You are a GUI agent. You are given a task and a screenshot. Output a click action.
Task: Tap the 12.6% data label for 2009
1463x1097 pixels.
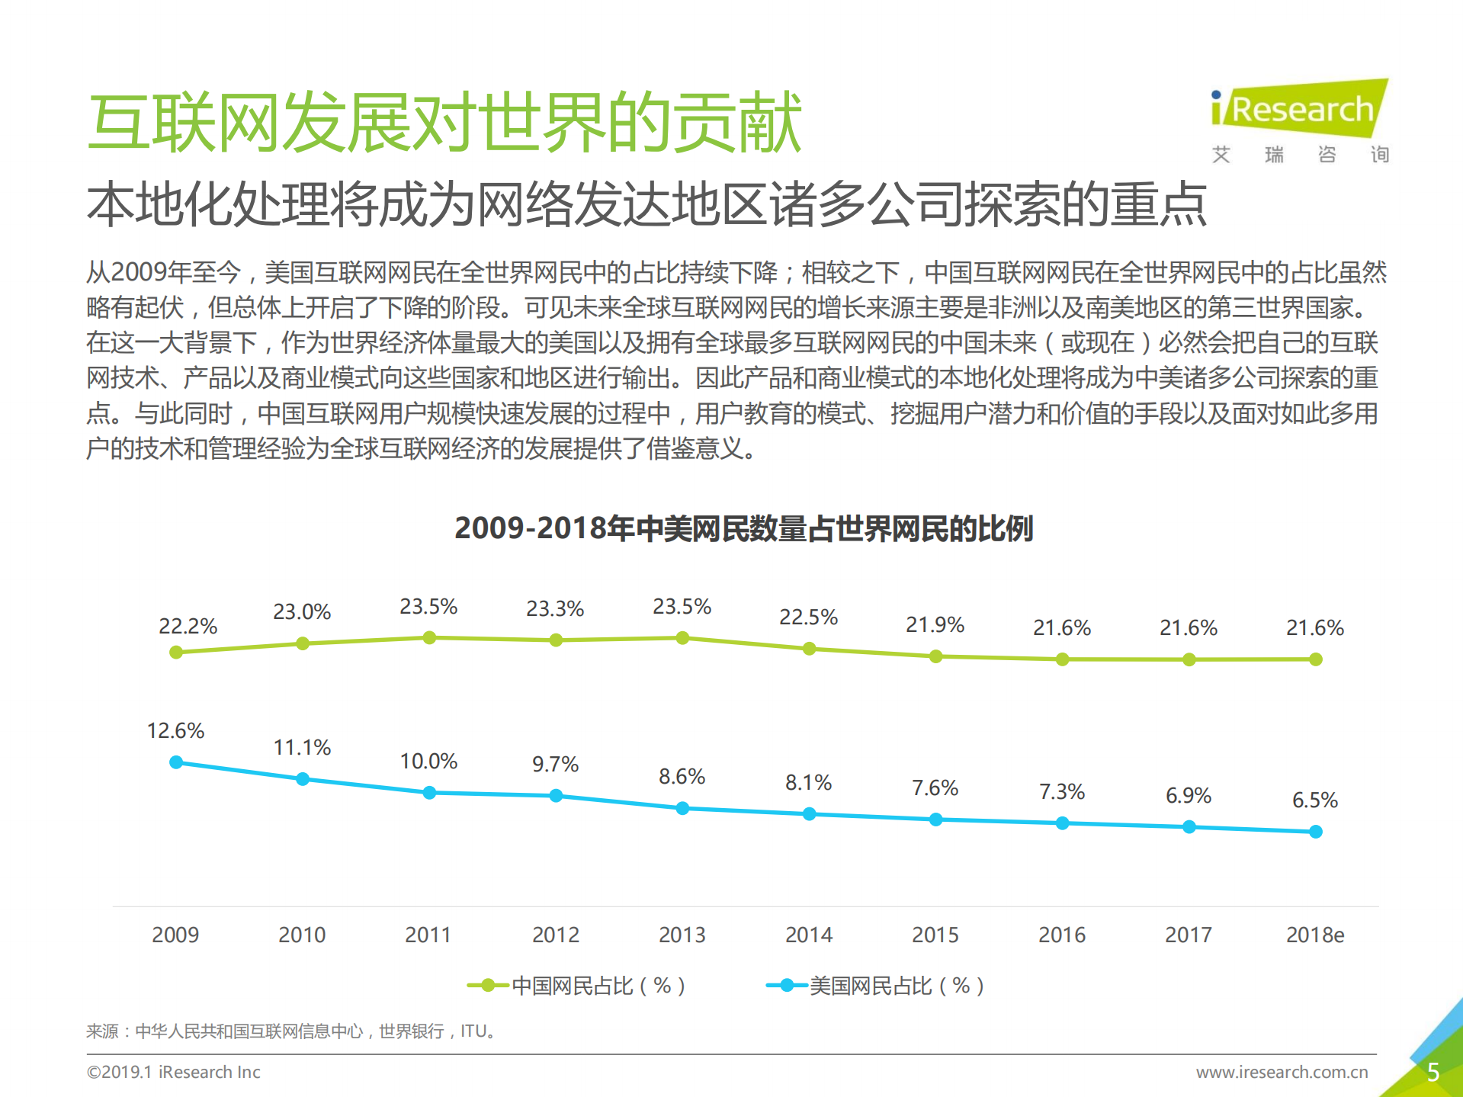coord(175,730)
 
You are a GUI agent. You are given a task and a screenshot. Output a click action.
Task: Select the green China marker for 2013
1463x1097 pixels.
coord(682,638)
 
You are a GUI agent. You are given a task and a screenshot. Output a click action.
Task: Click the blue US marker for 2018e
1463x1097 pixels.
coord(1315,832)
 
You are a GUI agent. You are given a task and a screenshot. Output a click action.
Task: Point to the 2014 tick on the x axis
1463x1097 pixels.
coord(809,935)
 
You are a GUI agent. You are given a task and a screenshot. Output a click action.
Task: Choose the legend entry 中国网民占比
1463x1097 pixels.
coord(577,986)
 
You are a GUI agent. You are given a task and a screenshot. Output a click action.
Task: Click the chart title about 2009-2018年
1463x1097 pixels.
coord(743,528)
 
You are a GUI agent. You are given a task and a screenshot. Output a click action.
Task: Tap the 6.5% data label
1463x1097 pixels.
coord(1314,800)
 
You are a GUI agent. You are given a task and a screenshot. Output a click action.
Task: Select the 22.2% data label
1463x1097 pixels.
coord(188,626)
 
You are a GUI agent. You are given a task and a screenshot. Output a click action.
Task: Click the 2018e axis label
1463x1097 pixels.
coord(1314,935)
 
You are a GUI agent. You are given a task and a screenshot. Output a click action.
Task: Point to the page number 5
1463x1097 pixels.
coord(1433,1073)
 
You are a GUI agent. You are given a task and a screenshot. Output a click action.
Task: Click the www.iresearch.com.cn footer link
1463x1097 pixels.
coord(1282,1072)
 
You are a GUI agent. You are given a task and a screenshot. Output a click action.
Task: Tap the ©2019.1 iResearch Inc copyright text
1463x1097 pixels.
coord(174,1072)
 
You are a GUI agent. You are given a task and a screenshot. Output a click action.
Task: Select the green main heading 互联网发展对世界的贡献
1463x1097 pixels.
coord(445,122)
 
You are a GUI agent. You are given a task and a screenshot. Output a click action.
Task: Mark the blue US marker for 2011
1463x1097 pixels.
coord(429,793)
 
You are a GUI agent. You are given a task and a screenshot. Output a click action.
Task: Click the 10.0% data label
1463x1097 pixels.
coord(428,761)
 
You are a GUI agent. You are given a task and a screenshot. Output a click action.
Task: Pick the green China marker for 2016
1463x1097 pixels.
coord(1062,659)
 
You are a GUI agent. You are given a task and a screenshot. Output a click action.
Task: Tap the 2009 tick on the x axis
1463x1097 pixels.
coord(175,935)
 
